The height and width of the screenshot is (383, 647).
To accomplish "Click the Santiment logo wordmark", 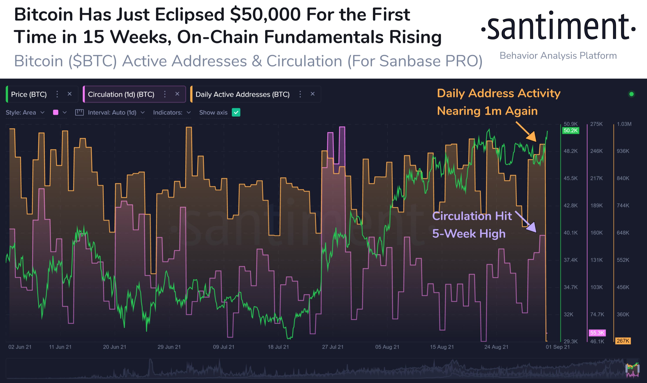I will click(x=558, y=26).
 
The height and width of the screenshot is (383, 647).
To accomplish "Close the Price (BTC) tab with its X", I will click(x=69, y=94).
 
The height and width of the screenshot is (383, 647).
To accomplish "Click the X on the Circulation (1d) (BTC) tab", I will click(x=177, y=94).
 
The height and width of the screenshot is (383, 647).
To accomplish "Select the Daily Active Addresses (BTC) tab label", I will click(x=242, y=95).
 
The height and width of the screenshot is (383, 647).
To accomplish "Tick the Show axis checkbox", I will click(x=236, y=113).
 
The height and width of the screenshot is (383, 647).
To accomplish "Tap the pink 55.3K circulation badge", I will click(x=597, y=333).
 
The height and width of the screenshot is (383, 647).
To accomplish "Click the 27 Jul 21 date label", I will click(x=333, y=347).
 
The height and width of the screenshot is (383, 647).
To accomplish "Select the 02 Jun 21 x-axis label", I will click(x=20, y=347).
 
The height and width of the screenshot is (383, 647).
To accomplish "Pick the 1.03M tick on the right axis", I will click(x=624, y=124).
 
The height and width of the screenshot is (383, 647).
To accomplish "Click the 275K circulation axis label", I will click(x=596, y=124).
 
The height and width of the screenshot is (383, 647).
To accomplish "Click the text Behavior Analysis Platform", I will click(x=558, y=56).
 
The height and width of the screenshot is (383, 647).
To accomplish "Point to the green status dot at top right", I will click(x=632, y=94).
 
